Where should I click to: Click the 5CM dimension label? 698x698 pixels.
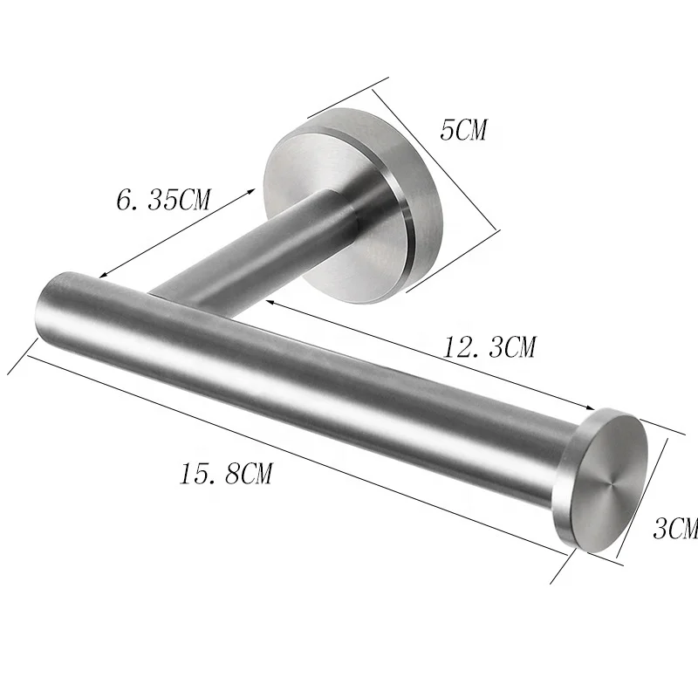[x=463, y=131]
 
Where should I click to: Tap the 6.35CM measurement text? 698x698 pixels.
[x=163, y=200]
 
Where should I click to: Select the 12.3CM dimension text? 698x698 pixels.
[x=489, y=349]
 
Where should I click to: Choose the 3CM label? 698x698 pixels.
[x=674, y=528]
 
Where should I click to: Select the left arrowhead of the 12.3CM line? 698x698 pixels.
[x=271, y=301]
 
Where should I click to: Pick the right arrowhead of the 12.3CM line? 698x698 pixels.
[x=591, y=407]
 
